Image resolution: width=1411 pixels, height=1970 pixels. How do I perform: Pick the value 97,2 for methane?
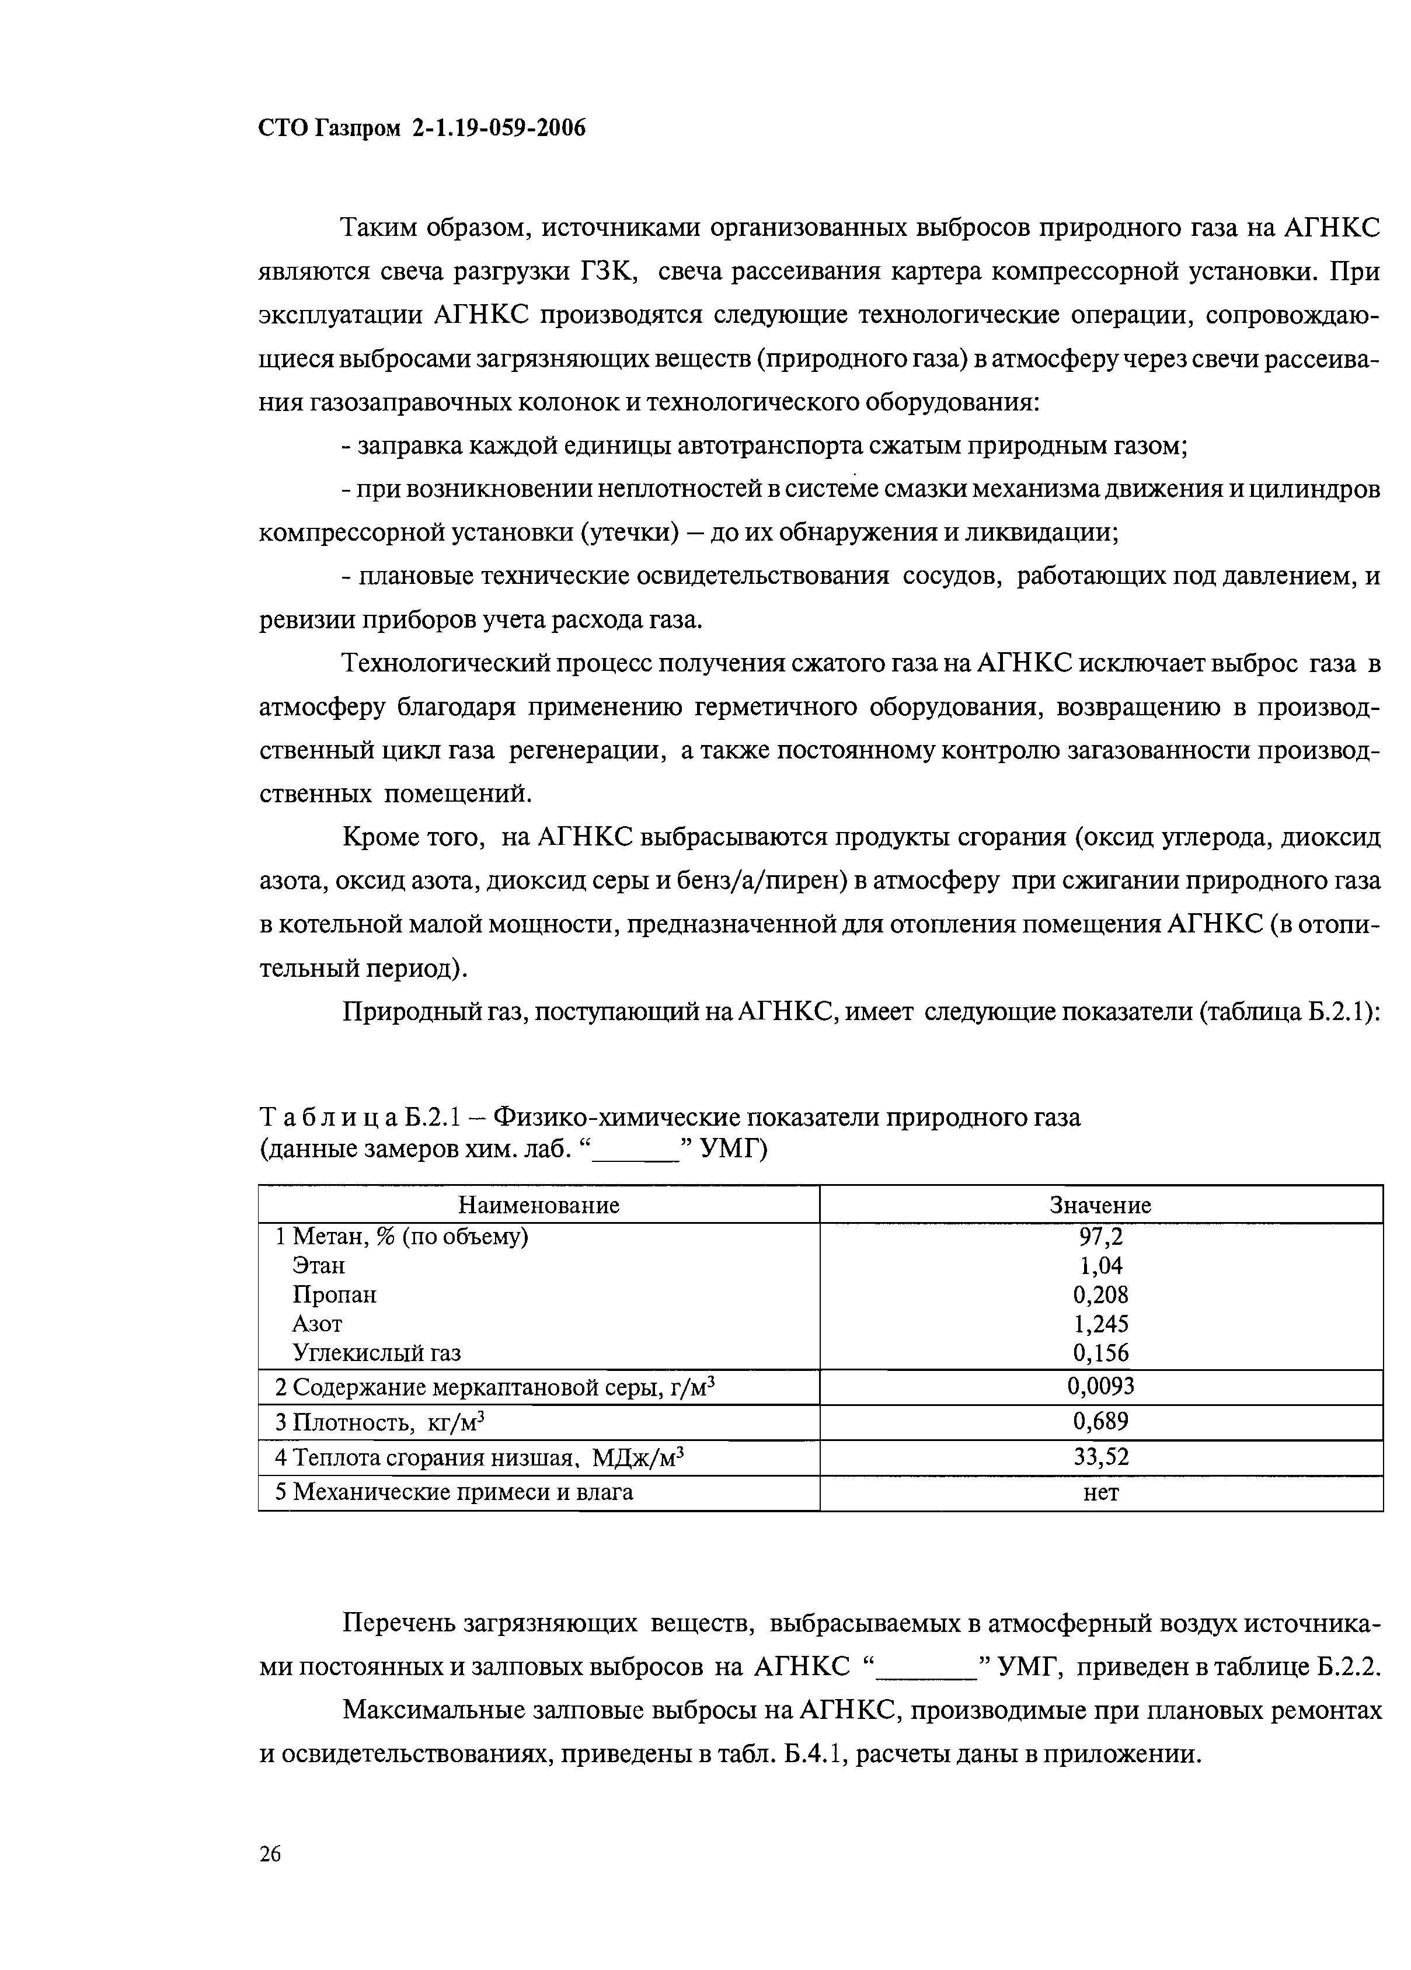point(1100,1236)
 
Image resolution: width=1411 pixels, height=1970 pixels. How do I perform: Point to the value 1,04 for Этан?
point(1100,1266)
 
